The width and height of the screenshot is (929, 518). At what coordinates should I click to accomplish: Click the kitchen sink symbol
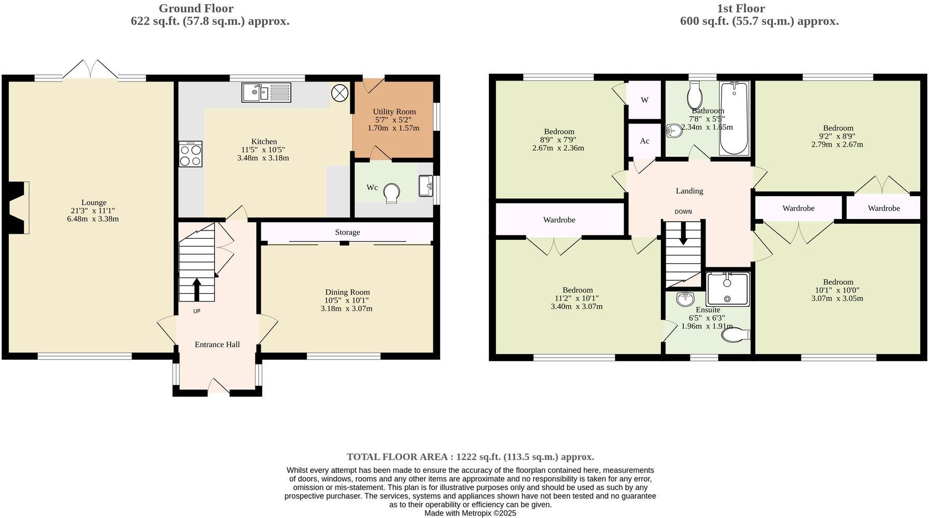(x=266, y=93)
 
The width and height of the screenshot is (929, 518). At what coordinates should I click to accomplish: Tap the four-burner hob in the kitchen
(x=190, y=154)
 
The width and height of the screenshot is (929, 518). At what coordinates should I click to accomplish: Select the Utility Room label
(x=394, y=112)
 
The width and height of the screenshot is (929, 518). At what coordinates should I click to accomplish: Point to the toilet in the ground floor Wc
(x=392, y=194)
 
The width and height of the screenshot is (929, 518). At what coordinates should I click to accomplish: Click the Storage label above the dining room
(x=347, y=232)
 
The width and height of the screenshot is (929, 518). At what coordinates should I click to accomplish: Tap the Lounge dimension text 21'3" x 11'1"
(x=93, y=211)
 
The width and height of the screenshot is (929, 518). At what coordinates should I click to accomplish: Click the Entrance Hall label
(x=217, y=344)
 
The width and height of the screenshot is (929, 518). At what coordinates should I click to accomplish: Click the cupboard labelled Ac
(x=644, y=141)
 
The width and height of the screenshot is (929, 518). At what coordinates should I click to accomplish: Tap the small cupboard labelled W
(x=644, y=100)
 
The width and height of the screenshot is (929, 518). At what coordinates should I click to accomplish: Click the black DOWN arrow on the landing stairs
(x=683, y=233)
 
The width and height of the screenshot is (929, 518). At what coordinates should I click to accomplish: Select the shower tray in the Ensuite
(x=728, y=289)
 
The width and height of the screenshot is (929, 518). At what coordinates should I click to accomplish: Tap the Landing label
(x=689, y=191)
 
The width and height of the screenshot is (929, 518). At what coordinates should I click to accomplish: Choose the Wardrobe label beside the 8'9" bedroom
(x=559, y=220)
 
